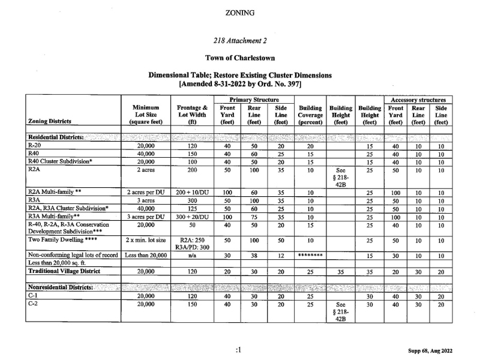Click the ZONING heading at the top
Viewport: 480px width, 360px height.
(239, 12)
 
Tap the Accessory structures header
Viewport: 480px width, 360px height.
(418, 100)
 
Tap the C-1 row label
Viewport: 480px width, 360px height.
(34, 296)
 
